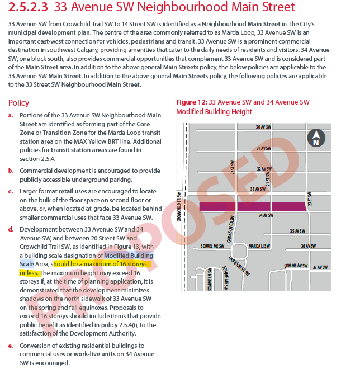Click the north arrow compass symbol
pos(316,138)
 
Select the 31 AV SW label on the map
pos(264,148)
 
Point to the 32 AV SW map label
pos(264,168)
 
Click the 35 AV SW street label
pos(297,231)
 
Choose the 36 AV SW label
pos(308,246)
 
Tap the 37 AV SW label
pos(320,267)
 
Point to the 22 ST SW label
pos(233,168)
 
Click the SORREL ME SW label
pos(212,246)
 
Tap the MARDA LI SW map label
pos(259,246)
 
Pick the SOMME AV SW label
pos(296,266)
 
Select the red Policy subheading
pos(19,103)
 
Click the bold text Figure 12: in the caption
pos(191,102)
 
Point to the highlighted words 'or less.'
pos(29,273)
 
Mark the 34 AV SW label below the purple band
pos(265,215)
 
